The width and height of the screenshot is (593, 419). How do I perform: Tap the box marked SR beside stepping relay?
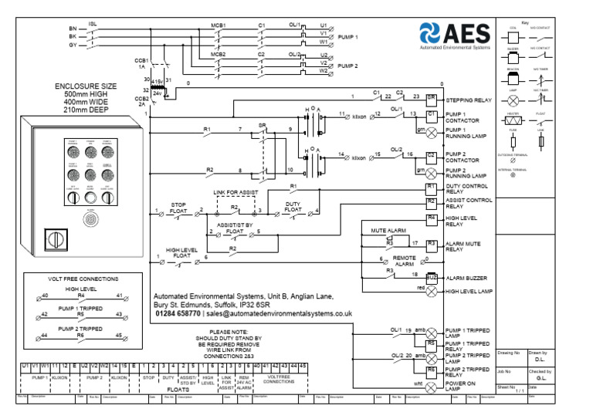[432, 99]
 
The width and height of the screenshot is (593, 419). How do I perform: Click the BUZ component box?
[432, 275]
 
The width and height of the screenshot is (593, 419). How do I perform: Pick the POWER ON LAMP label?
[462, 386]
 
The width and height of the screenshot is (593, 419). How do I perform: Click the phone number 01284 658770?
[178, 315]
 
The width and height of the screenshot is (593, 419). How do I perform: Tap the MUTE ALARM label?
[388, 231]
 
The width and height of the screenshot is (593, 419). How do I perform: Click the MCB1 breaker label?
[219, 25]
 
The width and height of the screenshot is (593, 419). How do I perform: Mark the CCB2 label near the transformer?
[141, 101]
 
